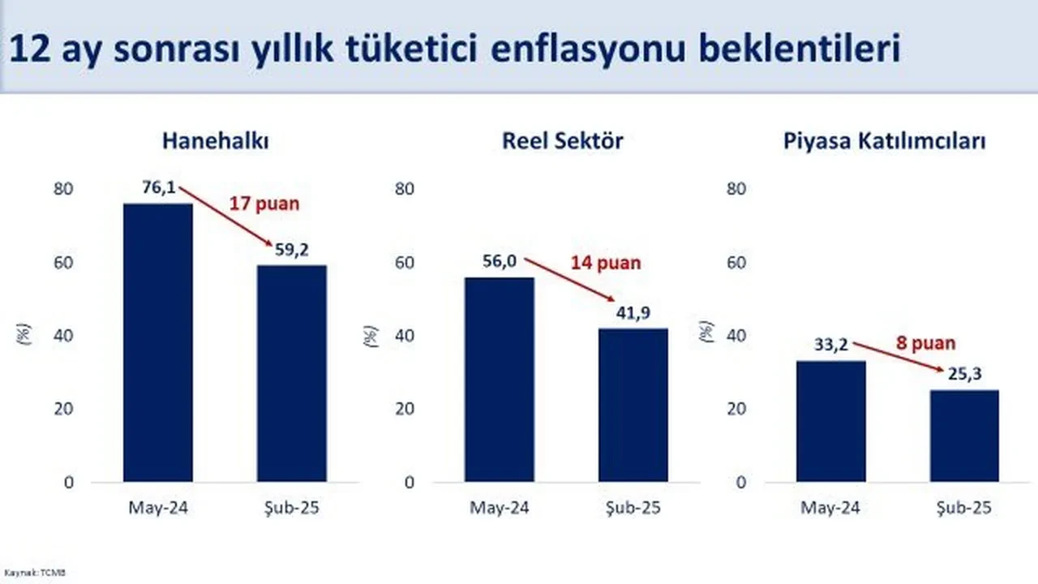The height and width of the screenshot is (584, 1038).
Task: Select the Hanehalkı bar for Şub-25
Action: [x=292, y=373]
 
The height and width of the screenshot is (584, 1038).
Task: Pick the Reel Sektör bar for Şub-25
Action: [x=633, y=405]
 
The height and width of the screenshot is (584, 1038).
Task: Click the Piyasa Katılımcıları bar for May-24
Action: [x=831, y=421]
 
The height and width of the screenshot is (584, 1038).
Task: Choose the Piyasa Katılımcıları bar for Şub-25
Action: [x=964, y=436]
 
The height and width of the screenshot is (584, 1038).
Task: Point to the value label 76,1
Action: [x=159, y=188]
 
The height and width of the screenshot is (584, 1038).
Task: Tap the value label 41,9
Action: [x=633, y=313]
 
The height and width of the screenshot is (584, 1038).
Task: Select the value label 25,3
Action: [x=964, y=376]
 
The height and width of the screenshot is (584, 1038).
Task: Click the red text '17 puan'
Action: [x=264, y=204]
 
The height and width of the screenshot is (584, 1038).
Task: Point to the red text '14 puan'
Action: [x=604, y=263]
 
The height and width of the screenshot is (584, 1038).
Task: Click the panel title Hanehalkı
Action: [x=215, y=140]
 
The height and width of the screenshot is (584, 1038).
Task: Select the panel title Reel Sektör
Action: [x=562, y=140]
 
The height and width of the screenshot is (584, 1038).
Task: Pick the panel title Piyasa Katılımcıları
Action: [x=885, y=140]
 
